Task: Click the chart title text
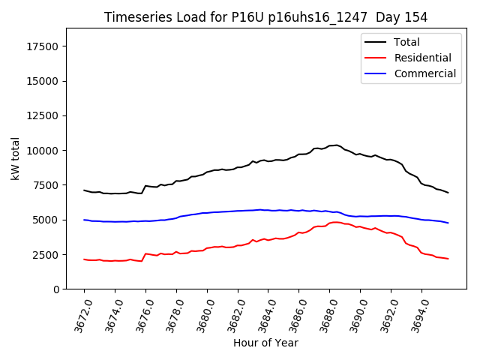pyautogui.click(x=265, y=17)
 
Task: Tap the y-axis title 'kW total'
pyautogui.click(x=16, y=158)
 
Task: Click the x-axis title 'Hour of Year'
pyautogui.click(x=265, y=343)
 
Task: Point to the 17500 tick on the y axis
pyautogui.click(x=43, y=46)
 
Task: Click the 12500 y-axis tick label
pyautogui.click(x=43, y=116)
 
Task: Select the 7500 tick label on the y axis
pyautogui.click(x=46, y=185)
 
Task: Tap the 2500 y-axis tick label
pyautogui.click(x=46, y=255)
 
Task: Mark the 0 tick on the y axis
pyautogui.click(x=56, y=289)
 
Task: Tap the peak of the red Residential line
pyautogui.click(x=335, y=222)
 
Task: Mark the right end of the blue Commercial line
pyautogui.click(x=448, y=223)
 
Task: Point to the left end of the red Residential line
pyautogui.click(x=84, y=259)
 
